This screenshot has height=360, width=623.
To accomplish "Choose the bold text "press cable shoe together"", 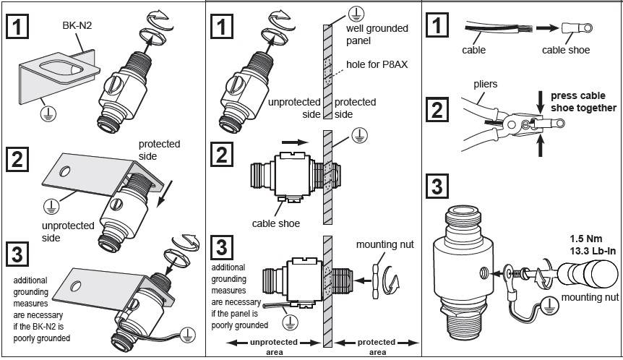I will click(583, 101).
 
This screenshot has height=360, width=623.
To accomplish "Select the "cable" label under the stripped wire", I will click(475, 51).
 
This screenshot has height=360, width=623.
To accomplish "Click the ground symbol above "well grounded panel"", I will click(355, 12).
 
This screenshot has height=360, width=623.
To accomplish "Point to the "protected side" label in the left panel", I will click(158, 150).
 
